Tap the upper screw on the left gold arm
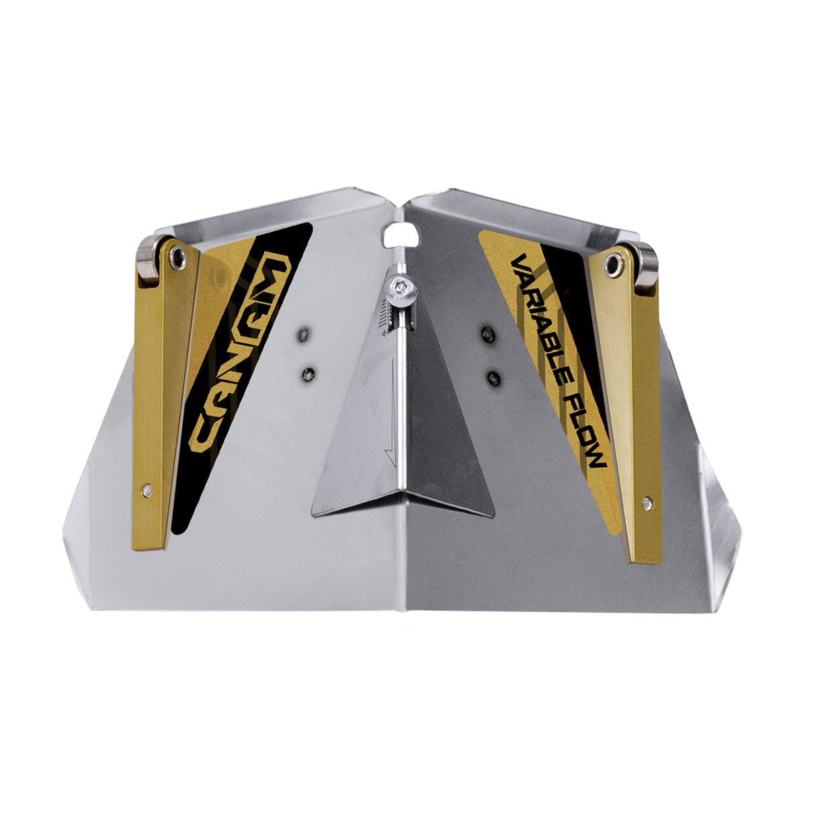176,255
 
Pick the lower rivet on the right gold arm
647,501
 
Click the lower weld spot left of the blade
310,374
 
